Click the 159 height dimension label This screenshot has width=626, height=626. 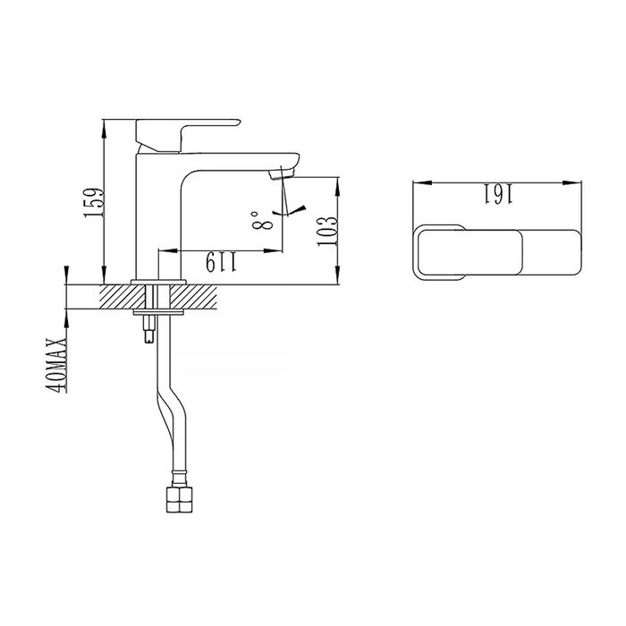pos(94,203)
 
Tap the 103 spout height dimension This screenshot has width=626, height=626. pos(328,232)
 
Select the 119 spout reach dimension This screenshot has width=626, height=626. pos(222,262)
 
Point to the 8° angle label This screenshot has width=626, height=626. pos(262,221)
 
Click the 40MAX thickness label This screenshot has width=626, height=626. pos(57,365)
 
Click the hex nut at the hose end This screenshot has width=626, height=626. pos(179,499)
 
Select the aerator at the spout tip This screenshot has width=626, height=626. pos(282,174)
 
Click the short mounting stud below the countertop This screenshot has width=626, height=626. pos(149,328)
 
